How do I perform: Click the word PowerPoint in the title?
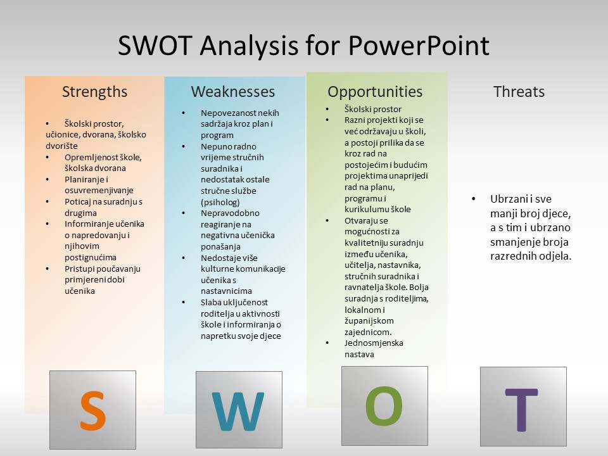click(x=419, y=46)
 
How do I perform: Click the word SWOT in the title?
click(x=155, y=46)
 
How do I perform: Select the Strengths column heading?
click(x=94, y=92)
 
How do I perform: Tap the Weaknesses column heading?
click(x=232, y=92)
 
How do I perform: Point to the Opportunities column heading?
click(x=375, y=92)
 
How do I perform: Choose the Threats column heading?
click(x=519, y=92)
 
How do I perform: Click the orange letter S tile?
click(x=92, y=410)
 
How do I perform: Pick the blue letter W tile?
click(x=239, y=410)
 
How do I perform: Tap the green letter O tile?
click(x=384, y=406)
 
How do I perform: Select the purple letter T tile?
click(x=524, y=407)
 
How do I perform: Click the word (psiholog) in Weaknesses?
click(x=220, y=203)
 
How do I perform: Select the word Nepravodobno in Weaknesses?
click(x=230, y=213)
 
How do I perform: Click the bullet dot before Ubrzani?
click(x=474, y=199)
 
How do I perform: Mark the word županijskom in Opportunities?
click(x=369, y=321)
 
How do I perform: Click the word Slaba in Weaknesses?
click(x=210, y=303)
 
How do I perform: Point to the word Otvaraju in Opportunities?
click(x=360, y=221)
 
